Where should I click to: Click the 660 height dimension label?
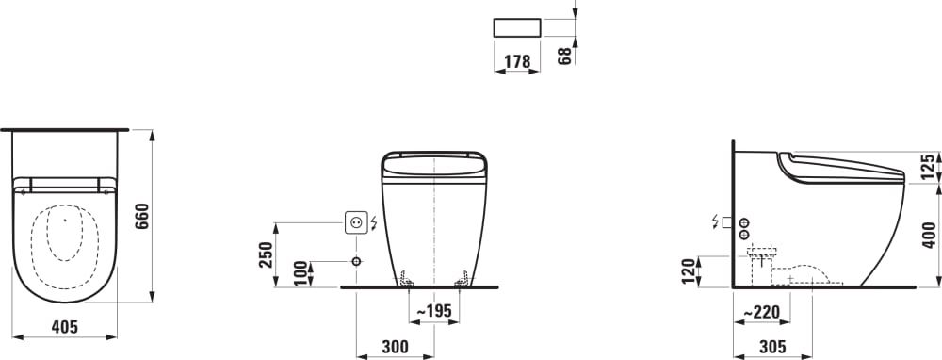tap(142, 216)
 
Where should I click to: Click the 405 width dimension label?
tap(65, 327)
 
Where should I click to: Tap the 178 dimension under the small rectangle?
tap(517, 61)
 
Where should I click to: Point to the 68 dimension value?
tap(564, 56)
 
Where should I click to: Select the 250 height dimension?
tap(267, 254)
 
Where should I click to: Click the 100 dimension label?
tap(301, 273)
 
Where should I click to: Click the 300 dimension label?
tap(396, 346)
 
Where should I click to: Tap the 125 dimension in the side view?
tap(929, 167)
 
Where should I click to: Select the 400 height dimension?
tap(929, 235)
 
